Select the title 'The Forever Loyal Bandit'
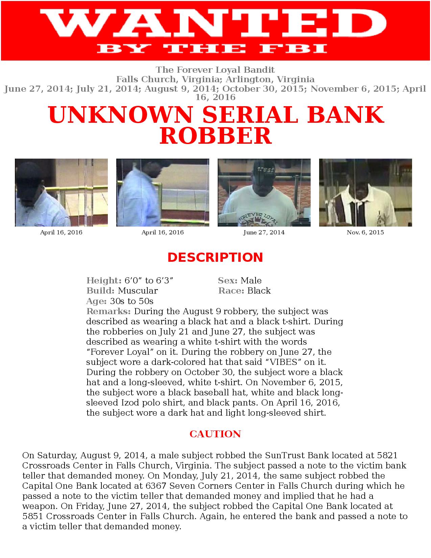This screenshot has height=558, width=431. pyautogui.click(x=215, y=70)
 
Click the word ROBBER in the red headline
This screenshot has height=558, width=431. pyautogui.click(x=216, y=136)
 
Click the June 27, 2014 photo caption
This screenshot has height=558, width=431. pyautogui.click(x=264, y=233)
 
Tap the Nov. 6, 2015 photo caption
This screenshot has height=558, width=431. pyautogui.click(x=365, y=233)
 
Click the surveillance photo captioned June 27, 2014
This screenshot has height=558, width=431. pyautogui.click(x=264, y=192)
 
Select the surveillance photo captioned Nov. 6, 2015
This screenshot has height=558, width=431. pyautogui.click(x=365, y=192)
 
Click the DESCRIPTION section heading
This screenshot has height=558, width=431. pyautogui.click(x=215, y=257)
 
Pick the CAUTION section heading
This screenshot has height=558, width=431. pyautogui.click(x=215, y=434)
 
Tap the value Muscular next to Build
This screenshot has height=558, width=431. pyautogui.click(x=138, y=291)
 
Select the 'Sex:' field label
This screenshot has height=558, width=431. pyautogui.click(x=228, y=281)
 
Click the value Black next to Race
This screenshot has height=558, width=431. pyautogui.click(x=259, y=291)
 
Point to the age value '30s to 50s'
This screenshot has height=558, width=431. pyautogui.click(x=131, y=301)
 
